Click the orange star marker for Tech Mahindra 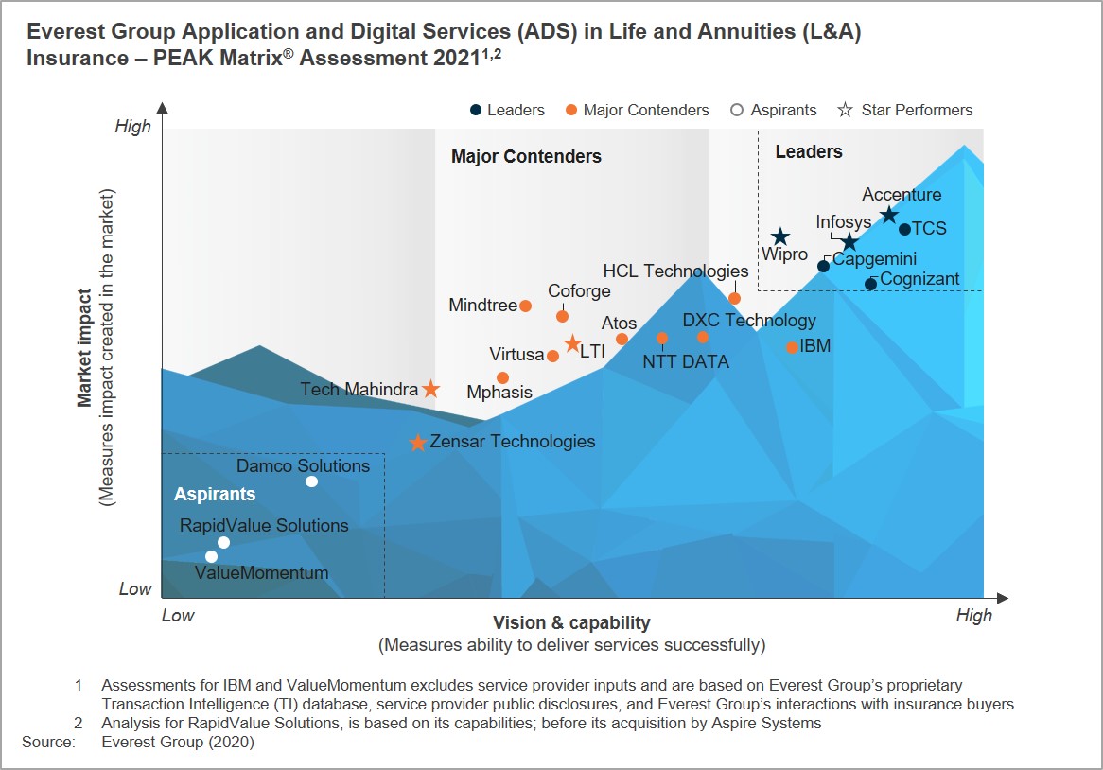click(x=430, y=388)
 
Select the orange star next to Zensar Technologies click(x=418, y=443)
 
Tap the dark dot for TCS click(x=904, y=229)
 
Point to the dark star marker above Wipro click(x=779, y=237)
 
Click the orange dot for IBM click(x=792, y=347)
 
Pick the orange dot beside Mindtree click(x=525, y=306)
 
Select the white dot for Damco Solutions click(x=311, y=481)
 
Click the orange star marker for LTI click(x=572, y=344)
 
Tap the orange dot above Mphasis click(x=502, y=377)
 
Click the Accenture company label click(x=902, y=194)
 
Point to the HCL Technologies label click(x=675, y=271)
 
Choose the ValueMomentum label click(x=262, y=572)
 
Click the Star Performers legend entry click(x=904, y=110)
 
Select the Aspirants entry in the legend click(x=773, y=110)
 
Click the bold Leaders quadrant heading click(x=808, y=151)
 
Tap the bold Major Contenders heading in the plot click(x=526, y=156)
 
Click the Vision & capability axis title click(x=571, y=623)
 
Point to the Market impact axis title click(x=84, y=347)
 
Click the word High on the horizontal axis click(x=973, y=615)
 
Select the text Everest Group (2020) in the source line click(x=178, y=742)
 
